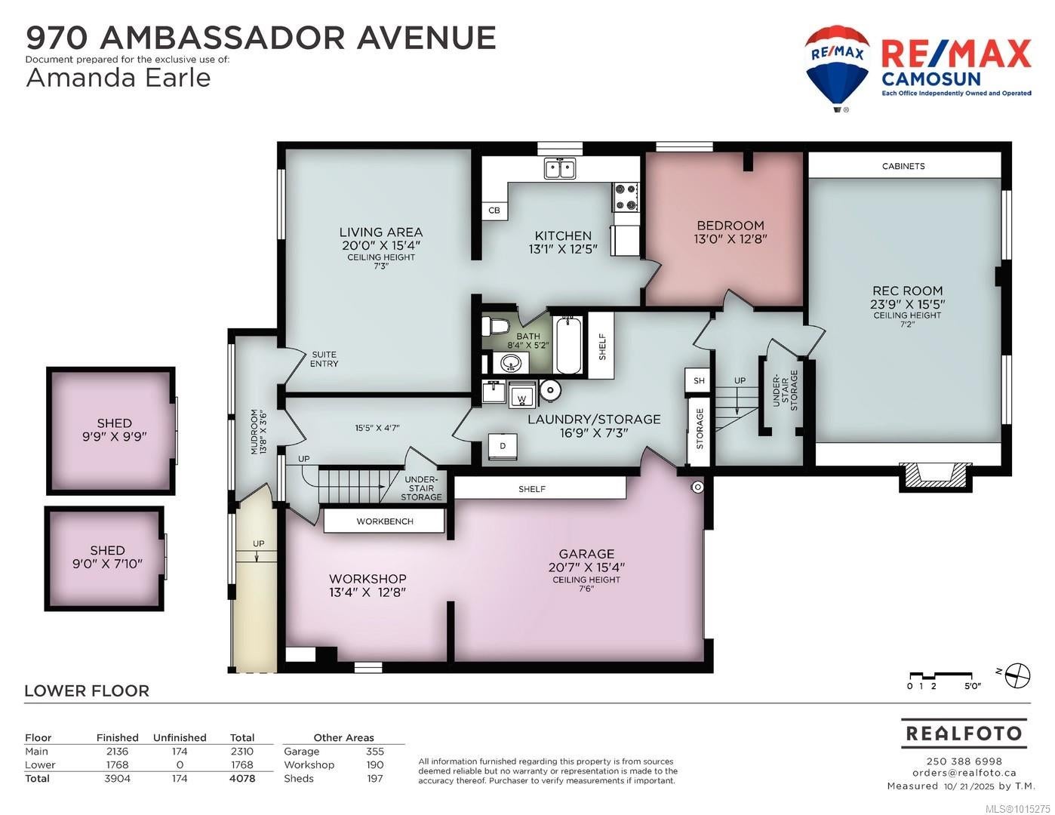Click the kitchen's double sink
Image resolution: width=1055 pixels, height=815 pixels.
560,168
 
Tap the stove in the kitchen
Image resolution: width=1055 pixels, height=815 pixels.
626,197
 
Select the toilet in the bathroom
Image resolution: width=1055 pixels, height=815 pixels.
494,326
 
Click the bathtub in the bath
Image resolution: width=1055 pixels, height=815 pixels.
568,345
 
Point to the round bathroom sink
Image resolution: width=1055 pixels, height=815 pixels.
510,362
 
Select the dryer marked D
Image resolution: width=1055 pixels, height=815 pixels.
503,446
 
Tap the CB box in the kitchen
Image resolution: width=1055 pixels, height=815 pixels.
494,211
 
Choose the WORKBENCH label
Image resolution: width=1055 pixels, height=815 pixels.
385,521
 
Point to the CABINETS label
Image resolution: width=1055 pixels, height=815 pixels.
903,166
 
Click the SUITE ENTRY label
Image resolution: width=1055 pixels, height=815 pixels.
324,359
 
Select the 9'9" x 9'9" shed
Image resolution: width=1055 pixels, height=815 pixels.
111,431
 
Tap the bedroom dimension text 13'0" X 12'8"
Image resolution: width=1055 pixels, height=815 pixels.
731,238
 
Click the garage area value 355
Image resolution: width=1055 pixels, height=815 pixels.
375,752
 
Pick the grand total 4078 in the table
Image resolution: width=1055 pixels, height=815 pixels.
242,779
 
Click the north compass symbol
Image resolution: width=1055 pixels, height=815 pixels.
1017,675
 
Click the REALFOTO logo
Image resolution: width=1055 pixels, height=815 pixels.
964,733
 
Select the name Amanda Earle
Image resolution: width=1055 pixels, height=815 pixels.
118,78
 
